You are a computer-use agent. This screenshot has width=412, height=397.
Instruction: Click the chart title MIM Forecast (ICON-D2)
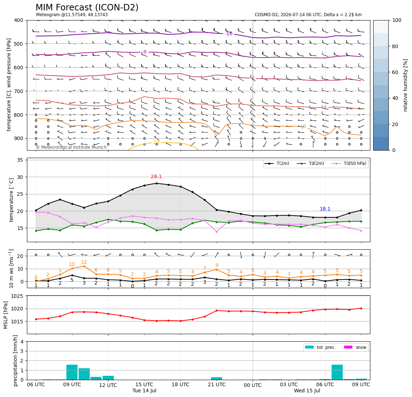coord(87,7)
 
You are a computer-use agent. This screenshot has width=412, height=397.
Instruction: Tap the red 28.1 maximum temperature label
coord(156,176)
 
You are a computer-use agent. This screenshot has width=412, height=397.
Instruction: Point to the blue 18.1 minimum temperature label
coord(325,209)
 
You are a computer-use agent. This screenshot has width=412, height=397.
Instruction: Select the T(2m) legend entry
coord(277,163)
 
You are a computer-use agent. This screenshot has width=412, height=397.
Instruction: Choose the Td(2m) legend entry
coord(310,163)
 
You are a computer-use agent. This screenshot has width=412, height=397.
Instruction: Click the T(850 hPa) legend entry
coord(349,163)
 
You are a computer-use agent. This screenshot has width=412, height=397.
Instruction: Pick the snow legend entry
coord(355,347)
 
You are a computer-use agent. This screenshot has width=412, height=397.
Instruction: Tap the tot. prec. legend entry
coord(320,347)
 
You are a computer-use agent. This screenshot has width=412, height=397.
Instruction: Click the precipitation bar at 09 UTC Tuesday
coord(72,372)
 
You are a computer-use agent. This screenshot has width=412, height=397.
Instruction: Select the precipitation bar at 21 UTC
coord(216,379)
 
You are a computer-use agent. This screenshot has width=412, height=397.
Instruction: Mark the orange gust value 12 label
coord(84,262)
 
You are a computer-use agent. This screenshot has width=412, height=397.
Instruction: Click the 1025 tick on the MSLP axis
coord(18,296)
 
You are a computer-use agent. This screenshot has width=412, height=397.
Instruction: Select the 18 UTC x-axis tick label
coord(181,384)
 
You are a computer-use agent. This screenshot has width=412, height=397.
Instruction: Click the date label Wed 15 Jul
coord(307,391)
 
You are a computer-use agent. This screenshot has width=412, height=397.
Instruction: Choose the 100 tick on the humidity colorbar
coord(397,20)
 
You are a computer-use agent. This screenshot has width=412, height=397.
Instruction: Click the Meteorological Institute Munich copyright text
coord(71,147)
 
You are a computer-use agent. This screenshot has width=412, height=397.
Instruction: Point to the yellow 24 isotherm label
coord(156,142)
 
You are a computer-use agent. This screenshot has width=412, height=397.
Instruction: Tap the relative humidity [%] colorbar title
coord(406,85)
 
